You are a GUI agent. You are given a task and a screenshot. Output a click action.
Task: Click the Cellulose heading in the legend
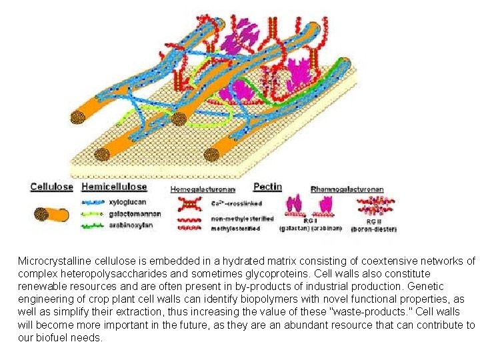pos(52,187)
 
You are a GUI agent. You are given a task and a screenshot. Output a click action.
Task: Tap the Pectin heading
pos(268,187)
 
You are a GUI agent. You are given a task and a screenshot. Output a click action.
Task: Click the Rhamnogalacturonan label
pos(347,189)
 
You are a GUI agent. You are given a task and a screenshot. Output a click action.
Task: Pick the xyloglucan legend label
pos(127,201)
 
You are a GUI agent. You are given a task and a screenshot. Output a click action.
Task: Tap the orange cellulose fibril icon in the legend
pos(51,215)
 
